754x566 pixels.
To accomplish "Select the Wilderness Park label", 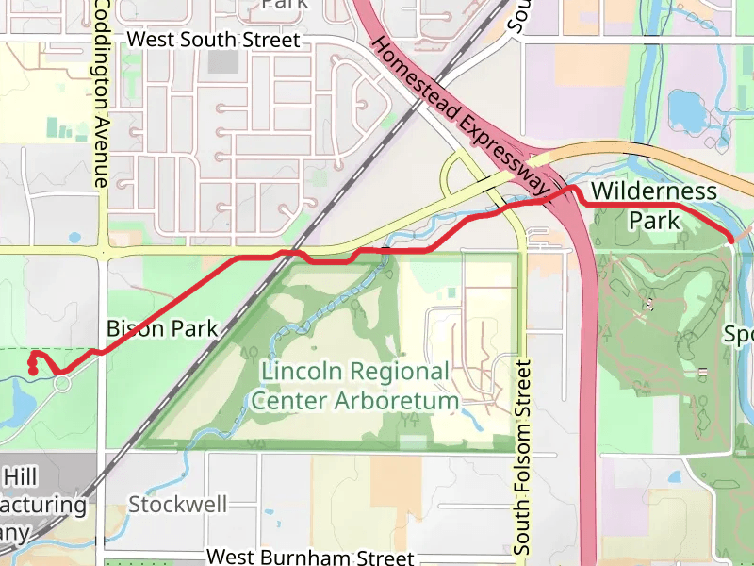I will click(654, 206).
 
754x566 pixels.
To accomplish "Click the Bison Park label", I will click(162, 329).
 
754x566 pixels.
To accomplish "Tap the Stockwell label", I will click(178, 504).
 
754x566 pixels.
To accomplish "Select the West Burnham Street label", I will click(309, 558).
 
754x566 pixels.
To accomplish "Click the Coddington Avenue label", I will click(102, 94).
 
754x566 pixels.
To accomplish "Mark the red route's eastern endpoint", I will click(731, 239).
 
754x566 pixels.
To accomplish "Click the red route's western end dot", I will click(33, 371).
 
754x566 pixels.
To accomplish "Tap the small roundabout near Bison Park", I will click(63, 384).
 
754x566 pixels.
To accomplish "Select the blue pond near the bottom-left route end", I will click(21, 404).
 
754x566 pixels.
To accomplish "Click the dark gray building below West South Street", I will click(223, 62).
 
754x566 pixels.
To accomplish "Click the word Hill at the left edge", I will click(21, 475).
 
